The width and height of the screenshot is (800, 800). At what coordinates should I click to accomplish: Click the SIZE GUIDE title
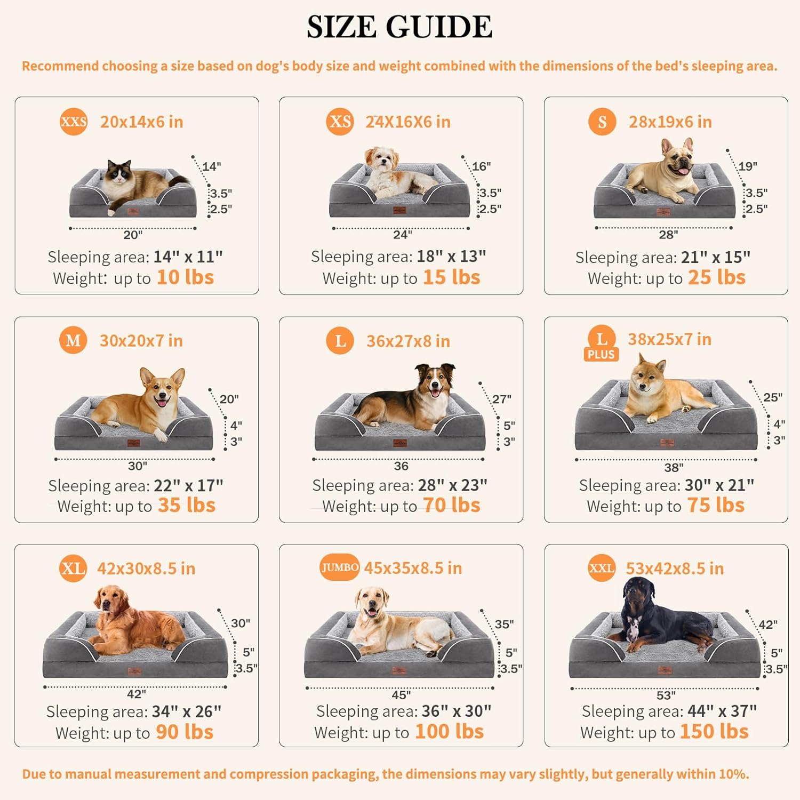coord(399,27)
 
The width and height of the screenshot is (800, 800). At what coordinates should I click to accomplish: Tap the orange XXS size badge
coord(74,122)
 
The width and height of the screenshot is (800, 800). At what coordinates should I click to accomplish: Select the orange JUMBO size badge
coord(339,567)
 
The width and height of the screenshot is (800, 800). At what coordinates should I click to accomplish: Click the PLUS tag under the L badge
coord(601,355)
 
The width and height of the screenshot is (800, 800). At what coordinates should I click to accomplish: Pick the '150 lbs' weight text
coord(714,732)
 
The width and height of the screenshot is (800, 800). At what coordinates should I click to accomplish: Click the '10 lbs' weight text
coord(185,278)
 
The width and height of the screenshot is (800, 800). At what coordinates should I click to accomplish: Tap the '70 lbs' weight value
coord(451,506)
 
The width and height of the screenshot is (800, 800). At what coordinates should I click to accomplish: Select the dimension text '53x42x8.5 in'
coord(675,569)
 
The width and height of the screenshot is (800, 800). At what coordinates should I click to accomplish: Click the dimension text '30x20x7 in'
coord(141,341)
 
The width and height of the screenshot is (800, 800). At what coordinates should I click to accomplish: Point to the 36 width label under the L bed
coord(401,466)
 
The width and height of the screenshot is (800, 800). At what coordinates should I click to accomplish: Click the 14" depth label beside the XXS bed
coord(211,166)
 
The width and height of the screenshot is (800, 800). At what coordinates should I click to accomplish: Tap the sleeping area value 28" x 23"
coord(452,485)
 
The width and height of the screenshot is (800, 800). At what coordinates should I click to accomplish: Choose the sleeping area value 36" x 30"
coord(456,711)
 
